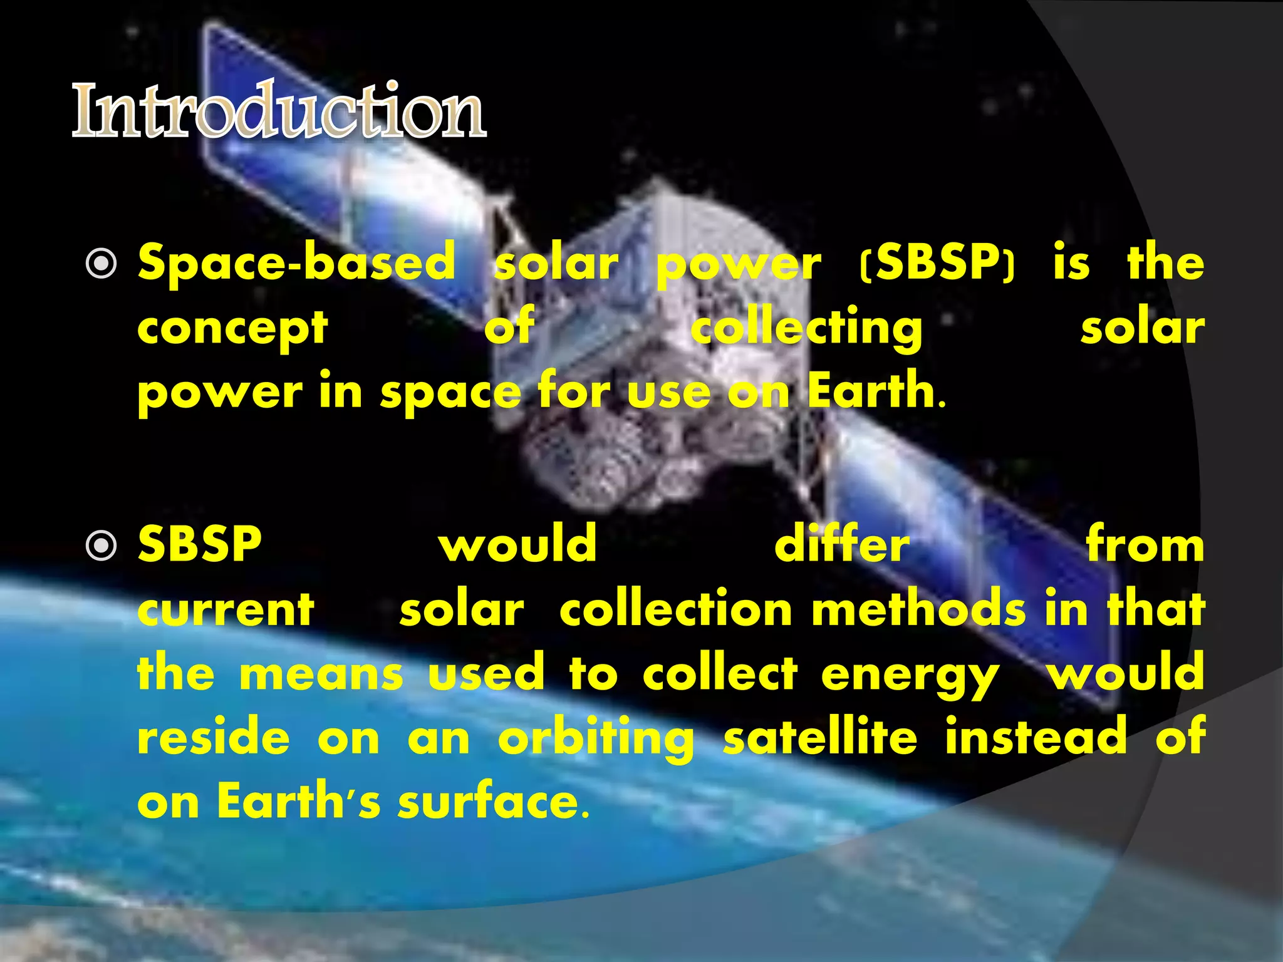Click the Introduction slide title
tap(279, 111)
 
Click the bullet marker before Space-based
tap(101, 264)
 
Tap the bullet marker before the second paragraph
tap(101, 546)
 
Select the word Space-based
tap(296, 263)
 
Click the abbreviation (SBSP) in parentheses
tap(937, 263)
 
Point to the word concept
tap(232, 328)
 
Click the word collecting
tap(806, 328)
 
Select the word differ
tap(841, 545)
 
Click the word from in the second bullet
tap(1145, 545)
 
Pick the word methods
tap(919, 609)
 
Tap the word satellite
tap(820, 738)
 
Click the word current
tap(226, 610)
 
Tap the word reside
tap(214, 738)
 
